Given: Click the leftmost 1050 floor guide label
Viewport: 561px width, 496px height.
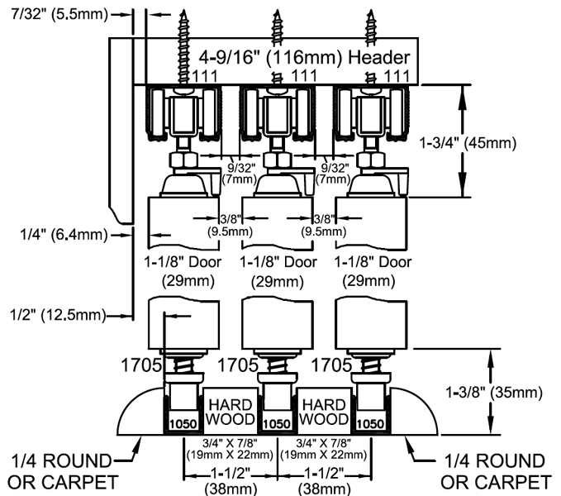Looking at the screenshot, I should (182, 423).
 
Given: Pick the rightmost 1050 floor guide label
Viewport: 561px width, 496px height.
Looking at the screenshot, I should (370, 423).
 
